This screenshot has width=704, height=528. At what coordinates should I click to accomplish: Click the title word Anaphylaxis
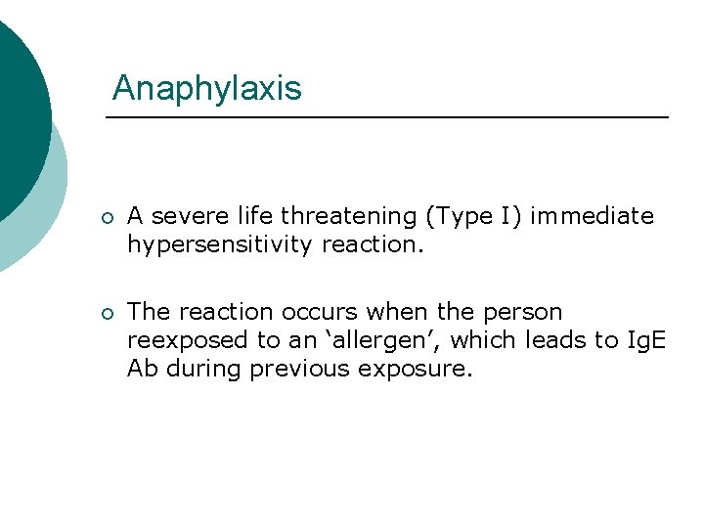(206, 89)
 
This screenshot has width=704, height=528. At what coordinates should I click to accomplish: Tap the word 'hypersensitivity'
(221, 244)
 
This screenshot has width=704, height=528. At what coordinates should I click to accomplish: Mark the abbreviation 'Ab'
(142, 369)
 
